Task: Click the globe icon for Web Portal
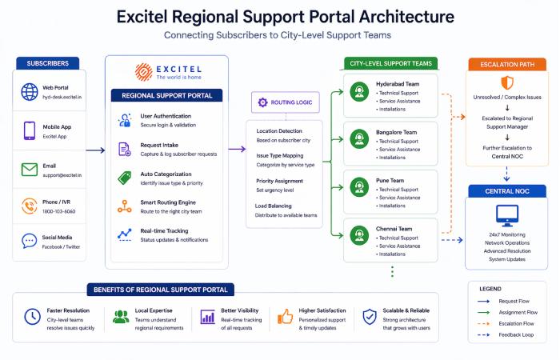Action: click(30, 91)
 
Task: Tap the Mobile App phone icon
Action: click(30, 130)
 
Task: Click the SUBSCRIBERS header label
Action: click(47, 63)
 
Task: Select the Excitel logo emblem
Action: click(144, 73)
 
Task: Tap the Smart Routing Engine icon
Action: click(124, 206)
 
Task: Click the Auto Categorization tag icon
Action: click(124, 178)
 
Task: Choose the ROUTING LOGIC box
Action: click(285, 102)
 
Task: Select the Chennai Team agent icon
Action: click(359, 236)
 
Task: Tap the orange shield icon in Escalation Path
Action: click(506, 83)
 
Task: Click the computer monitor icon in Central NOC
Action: click(506, 215)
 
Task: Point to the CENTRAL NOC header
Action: click(506, 191)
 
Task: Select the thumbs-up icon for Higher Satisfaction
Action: click(286, 317)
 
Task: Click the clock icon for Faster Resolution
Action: click(32, 317)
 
